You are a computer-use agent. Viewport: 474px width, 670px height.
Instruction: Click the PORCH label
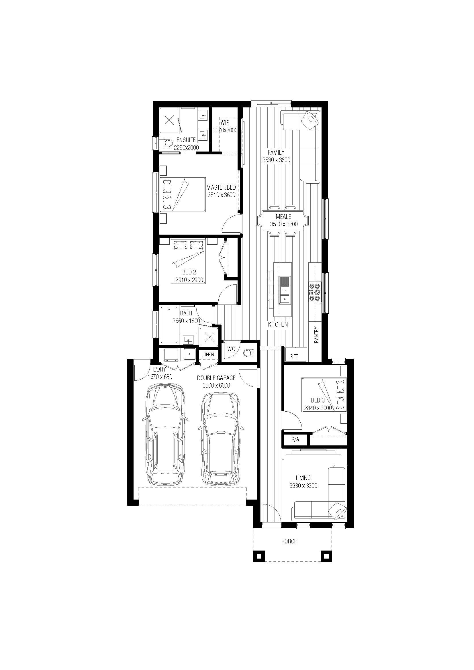289,541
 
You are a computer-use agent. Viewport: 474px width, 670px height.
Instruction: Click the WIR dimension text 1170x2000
225,130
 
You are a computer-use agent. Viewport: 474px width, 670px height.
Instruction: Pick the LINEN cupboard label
208,355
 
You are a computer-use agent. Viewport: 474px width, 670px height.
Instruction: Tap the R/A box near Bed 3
295,439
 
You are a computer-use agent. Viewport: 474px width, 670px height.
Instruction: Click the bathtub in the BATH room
169,325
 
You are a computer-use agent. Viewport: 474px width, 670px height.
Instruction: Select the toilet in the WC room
248,353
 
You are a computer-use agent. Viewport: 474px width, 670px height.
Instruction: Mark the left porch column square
258,556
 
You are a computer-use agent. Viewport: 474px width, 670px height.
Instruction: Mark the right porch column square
326,556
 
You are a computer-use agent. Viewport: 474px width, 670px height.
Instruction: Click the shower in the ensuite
169,120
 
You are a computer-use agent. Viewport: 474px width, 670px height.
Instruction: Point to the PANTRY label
316,334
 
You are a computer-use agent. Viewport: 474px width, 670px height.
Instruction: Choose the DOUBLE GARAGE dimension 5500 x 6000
216,386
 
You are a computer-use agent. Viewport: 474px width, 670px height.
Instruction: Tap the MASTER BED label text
221,187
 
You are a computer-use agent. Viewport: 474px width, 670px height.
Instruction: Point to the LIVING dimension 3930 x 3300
303,486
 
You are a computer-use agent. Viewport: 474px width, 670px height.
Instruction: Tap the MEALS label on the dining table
283,217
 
